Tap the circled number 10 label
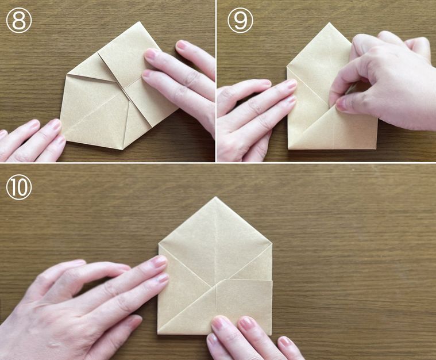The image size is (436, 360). click(x=18, y=187)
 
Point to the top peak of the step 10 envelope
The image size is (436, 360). click(x=216, y=197)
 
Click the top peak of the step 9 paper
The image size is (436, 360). click(x=330, y=23)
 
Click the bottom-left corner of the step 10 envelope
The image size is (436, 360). click(x=157, y=334)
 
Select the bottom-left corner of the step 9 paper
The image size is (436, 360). click(x=288, y=148)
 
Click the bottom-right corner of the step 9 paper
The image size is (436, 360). click(x=377, y=148)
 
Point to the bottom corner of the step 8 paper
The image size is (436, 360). click(x=122, y=150)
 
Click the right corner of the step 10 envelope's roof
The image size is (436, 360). click(x=272, y=243)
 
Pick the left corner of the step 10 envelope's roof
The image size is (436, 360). click(x=159, y=244)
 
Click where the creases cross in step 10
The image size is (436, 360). click(x=216, y=288)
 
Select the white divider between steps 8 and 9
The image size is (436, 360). click(x=216, y=81)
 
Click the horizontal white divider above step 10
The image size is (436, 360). click(x=218, y=163)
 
